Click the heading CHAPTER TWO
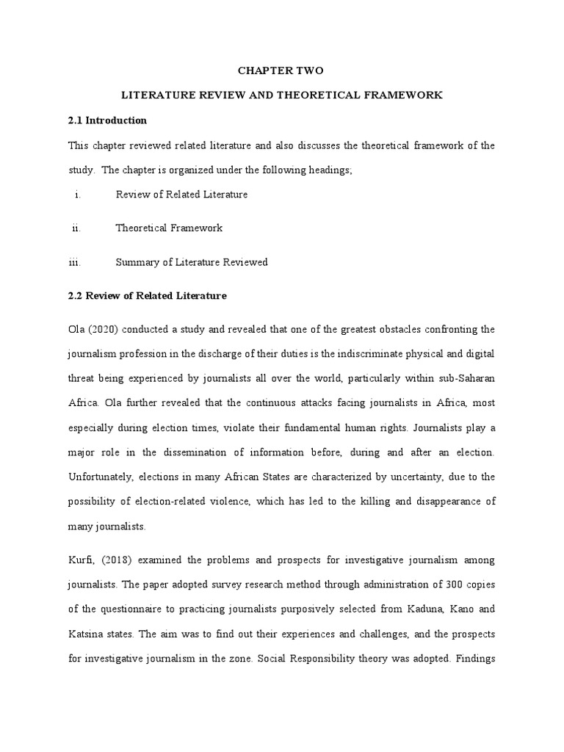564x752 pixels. [280, 71]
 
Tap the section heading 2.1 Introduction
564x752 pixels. [107, 120]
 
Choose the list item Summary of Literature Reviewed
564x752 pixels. [191, 262]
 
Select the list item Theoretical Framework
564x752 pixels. [169, 228]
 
